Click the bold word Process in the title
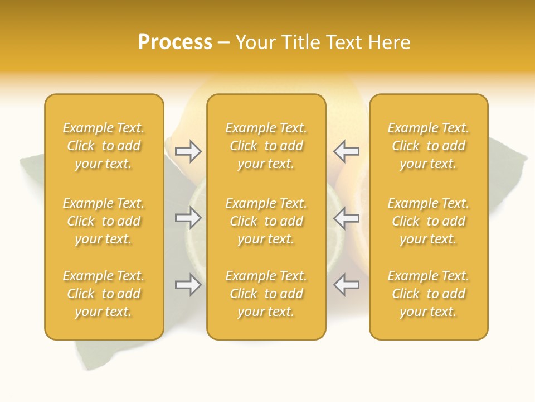pyautogui.click(x=175, y=42)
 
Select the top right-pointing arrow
pyautogui.click(x=188, y=151)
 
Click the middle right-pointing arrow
pyautogui.click(x=188, y=218)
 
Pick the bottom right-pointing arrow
pyautogui.click(x=188, y=285)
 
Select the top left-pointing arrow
pyautogui.click(x=346, y=151)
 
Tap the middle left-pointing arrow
pyautogui.click(x=346, y=218)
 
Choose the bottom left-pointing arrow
pyautogui.click(x=346, y=285)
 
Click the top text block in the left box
pyautogui.click(x=104, y=146)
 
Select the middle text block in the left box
pyautogui.click(x=104, y=221)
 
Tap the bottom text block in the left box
pyautogui.click(x=104, y=294)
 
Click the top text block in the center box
pyautogui.click(x=266, y=146)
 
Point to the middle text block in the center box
pyautogui.click(x=266, y=221)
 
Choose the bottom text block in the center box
pyautogui.click(x=266, y=294)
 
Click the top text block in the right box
pyautogui.click(x=428, y=146)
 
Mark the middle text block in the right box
pyautogui.click(x=428, y=221)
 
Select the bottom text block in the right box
pyautogui.click(x=428, y=294)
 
